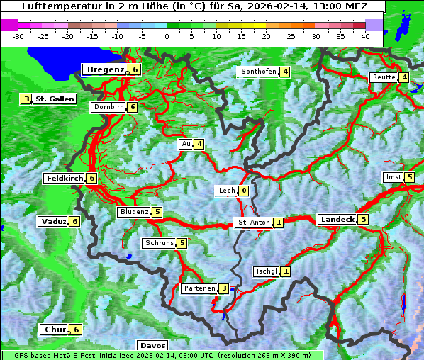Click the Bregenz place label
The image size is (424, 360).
click(x=106, y=69)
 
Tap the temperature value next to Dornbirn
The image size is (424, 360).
click(x=133, y=107)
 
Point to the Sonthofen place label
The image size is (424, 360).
click(x=258, y=72)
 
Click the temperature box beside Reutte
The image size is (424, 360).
click(x=404, y=77)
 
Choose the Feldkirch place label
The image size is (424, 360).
click(x=65, y=179)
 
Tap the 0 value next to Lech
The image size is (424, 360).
click(x=244, y=191)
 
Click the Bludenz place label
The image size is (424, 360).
click(x=134, y=212)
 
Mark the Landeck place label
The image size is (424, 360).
click(x=337, y=220)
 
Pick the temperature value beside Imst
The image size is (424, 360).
click(x=410, y=176)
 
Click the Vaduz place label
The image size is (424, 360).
click(x=54, y=222)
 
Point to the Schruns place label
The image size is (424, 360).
click(x=159, y=243)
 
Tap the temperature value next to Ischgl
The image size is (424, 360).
click(x=286, y=271)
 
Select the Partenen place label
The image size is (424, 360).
click(x=199, y=288)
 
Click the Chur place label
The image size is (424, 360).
click(x=55, y=330)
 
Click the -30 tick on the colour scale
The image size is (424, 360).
click(x=18, y=36)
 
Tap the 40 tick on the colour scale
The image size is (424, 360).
click(x=365, y=36)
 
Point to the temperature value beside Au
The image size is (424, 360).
click(x=200, y=144)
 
